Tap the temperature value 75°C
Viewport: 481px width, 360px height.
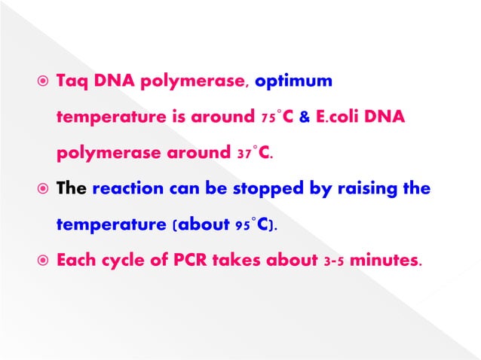274,117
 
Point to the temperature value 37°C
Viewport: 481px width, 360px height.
252,154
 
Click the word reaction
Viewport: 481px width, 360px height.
124,189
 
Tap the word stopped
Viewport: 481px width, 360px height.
245,189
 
